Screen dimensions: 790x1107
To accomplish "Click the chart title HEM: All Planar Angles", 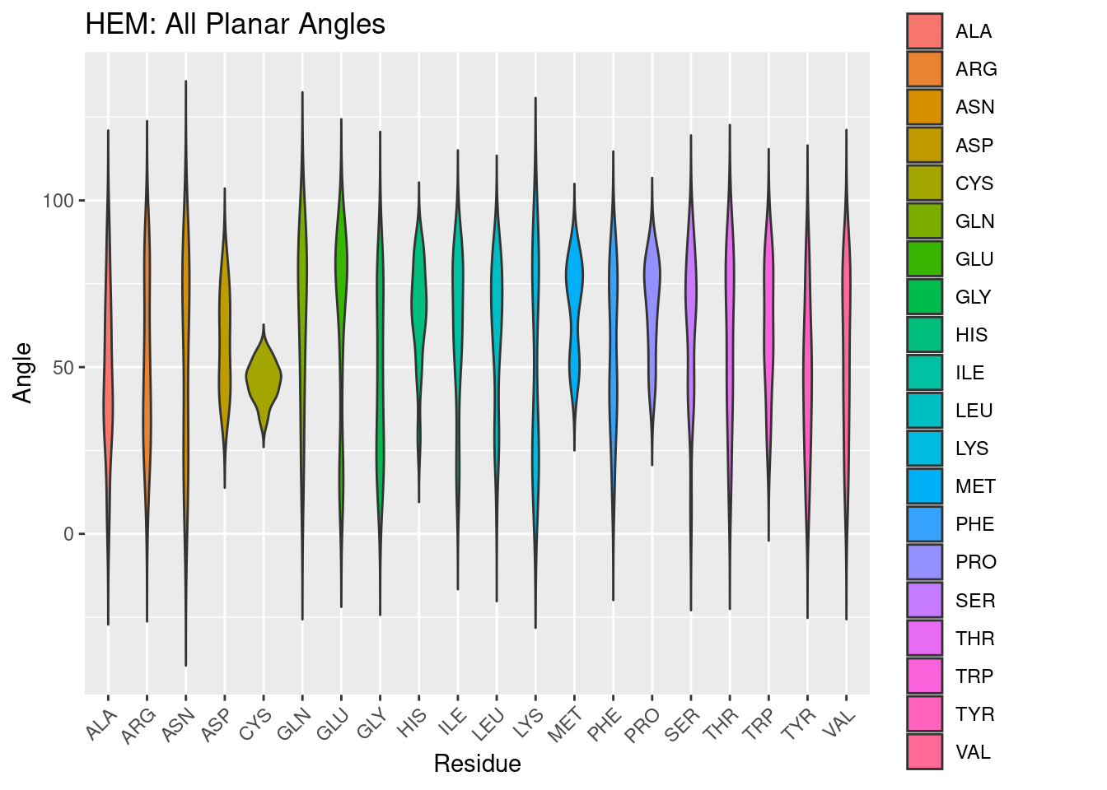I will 235,25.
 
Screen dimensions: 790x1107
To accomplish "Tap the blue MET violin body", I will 574,280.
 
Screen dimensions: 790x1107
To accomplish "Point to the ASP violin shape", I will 224,329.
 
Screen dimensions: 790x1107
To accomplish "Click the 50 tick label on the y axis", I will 63,368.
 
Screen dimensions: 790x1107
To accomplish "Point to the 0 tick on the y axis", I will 68,535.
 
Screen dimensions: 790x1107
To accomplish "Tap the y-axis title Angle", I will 23,373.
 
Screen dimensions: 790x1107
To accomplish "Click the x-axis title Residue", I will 477,764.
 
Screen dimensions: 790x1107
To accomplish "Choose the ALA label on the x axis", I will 101,725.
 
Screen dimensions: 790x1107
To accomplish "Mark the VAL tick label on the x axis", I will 840,725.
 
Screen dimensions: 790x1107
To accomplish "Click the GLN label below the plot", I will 294,725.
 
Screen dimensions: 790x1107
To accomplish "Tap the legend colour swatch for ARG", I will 924,69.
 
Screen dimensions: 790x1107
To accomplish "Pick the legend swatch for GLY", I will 924,297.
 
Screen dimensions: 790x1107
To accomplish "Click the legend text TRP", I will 974,676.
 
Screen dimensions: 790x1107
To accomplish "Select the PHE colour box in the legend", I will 924,524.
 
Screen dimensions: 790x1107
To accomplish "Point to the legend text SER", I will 975,601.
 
